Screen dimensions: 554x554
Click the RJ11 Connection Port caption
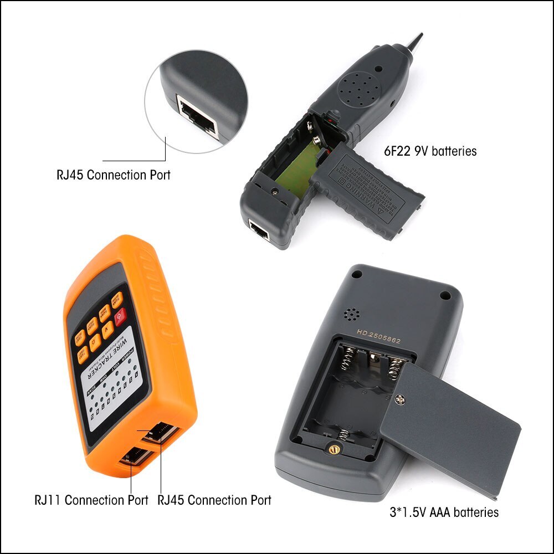[91, 500]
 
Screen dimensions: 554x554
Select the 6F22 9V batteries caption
[430, 151]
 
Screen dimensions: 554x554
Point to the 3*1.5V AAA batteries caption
[444, 512]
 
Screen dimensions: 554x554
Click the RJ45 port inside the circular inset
[197, 116]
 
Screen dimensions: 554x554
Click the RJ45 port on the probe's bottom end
[259, 230]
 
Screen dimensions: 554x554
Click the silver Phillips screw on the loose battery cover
[401, 398]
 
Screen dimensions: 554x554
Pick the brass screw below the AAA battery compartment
[334, 449]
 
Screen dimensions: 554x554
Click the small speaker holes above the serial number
[351, 314]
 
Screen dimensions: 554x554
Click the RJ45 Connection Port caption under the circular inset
[114, 175]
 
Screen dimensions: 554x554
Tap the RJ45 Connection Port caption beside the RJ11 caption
[214, 500]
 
